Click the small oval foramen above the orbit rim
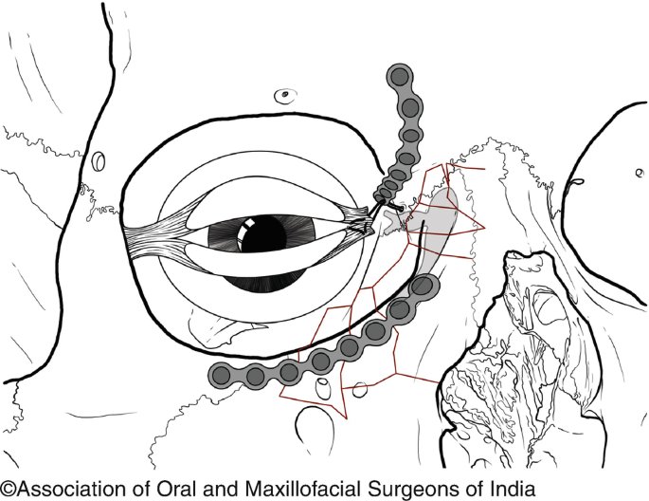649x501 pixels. pyautogui.click(x=283, y=95)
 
